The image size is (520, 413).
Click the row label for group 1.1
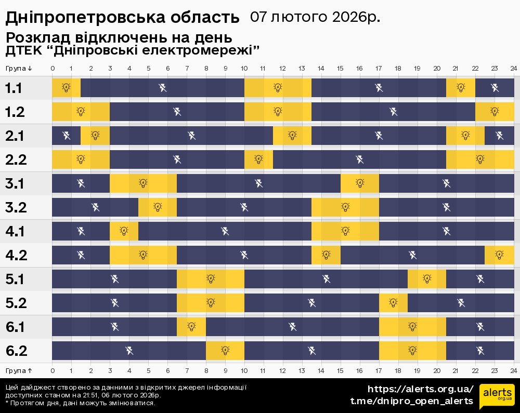click(14, 88)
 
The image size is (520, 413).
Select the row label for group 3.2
click(16, 207)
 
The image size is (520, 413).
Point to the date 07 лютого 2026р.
click(315, 17)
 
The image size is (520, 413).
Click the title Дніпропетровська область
click(122, 18)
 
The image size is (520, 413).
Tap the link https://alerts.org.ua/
click(421, 389)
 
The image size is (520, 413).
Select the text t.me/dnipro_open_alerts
click(412, 401)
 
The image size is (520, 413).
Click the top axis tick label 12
click(282, 69)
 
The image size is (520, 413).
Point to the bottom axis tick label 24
click(513, 370)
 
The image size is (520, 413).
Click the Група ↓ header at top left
click(19, 69)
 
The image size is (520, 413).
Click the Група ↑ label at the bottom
click(19, 370)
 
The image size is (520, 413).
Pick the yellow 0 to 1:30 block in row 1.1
click(66, 88)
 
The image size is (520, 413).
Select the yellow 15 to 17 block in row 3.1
click(360, 183)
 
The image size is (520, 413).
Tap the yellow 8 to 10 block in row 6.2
click(225, 351)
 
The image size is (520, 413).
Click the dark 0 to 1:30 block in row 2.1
click(66, 136)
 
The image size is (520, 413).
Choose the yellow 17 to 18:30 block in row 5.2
click(393, 303)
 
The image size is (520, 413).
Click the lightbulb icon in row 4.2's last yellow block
click(499, 255)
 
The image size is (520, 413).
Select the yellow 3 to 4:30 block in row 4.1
click(124, 231)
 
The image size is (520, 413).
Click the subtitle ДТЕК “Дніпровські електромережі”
click(132, 50)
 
